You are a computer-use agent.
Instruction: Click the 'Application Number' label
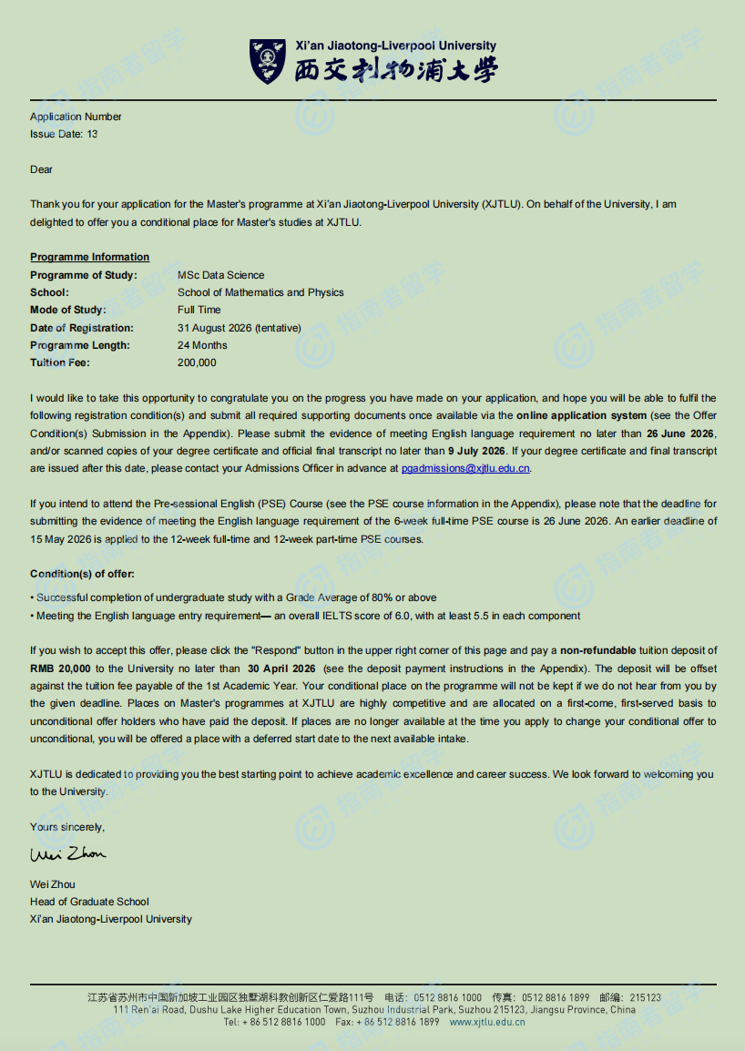pyautogui.click(x=76, y=117)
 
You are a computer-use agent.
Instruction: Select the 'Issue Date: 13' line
pyautogui.click(x=64, y=134)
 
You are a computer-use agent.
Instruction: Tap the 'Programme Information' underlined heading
pyautogui.click(x=89, y=257)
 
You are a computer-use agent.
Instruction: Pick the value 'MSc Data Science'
pyautogui.click(x=220, y=275)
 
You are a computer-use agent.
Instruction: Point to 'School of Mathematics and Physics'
pyautogui.click(x=260, y=292)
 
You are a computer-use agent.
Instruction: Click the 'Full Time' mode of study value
pyautogui.click(x=199, y=310)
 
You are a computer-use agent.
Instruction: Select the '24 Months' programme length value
pyautogui.click(x=202, y=345)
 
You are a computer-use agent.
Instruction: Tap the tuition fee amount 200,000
pyautogui.click(x=197, y=362)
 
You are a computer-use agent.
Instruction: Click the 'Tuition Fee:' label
pyautogui.click(x=59, y=362)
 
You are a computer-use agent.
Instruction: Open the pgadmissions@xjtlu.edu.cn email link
pyautogui.click(x=465, y=468)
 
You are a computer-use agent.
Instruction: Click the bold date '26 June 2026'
pyautogui.click(x=681, y=433)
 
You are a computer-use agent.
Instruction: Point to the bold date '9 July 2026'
pyautogui.click(x=476, y=451)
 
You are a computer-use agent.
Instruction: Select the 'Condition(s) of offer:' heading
pyautogui.click(x=82, y=574)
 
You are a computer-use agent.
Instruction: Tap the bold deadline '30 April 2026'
pyautogui.click(x=281, y=668)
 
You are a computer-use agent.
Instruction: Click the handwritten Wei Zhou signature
pyautogui.click(x=67, y=853)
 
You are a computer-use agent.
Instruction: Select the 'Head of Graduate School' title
pyautogui.click(x=89, y=902)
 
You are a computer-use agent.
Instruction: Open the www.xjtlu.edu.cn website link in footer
pyautogui.click(x=487, y=1022)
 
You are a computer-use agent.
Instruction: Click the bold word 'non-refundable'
pyautogui.click(x=598, y=650)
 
